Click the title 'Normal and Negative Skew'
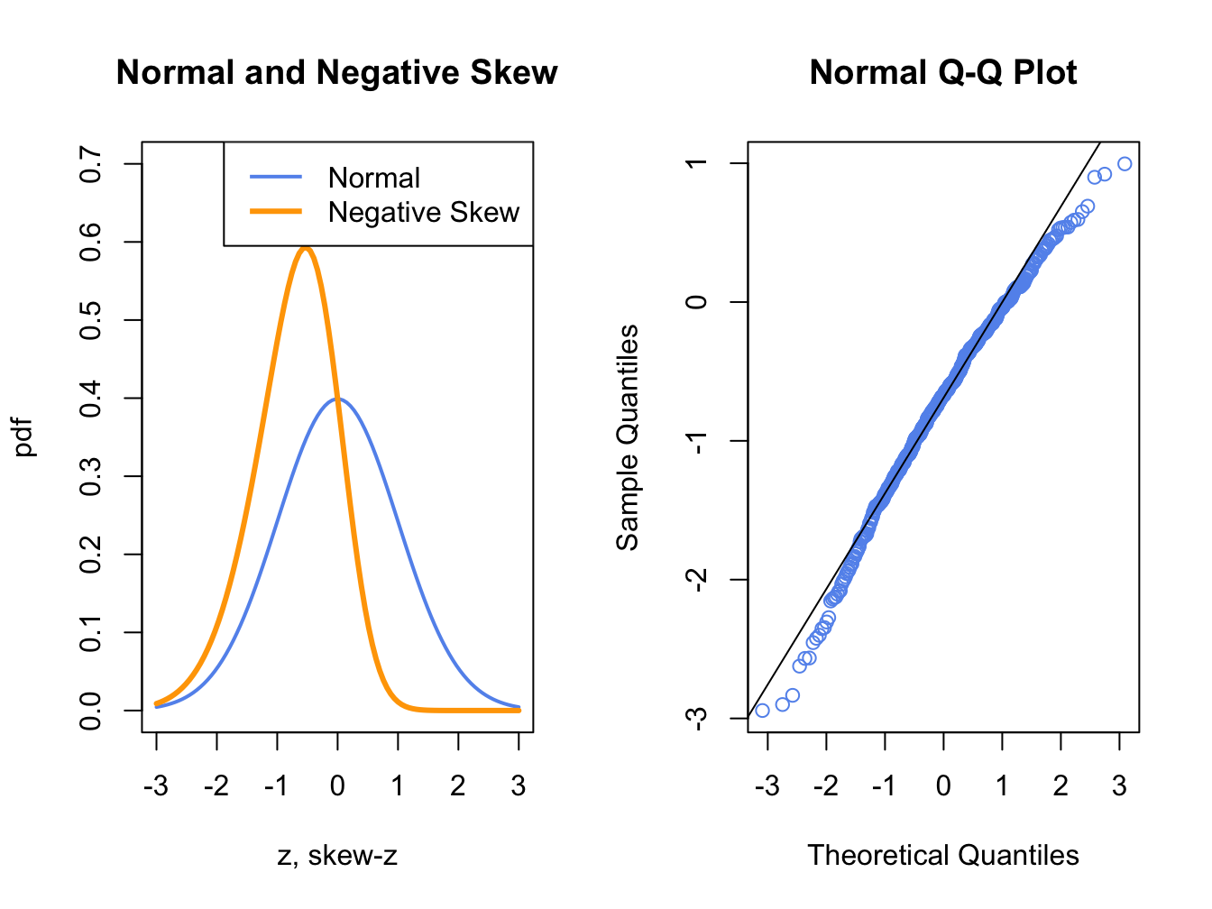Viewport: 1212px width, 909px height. (x=336, y=73)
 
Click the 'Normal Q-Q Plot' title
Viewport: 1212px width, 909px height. (x=942, y=73)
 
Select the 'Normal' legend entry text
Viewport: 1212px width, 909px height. (x=373, y=179)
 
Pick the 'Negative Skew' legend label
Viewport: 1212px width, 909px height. (x=424, y=213)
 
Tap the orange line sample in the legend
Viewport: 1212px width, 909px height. (x=276, y=212)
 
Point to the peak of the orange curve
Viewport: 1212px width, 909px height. (x=306, y=248)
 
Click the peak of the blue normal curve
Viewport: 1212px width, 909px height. (x=337, y=398)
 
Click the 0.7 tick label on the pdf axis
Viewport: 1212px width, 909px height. (x=91, y=163)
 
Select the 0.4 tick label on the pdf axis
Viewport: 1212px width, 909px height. (x=91, y=398)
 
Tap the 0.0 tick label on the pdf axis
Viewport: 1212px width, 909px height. (x=91, y=711)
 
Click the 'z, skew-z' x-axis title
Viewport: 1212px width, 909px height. (x=336, y=855)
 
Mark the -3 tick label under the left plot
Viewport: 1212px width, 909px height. (x=156, y=786)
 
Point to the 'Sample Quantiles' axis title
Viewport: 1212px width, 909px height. (x=627, y=436)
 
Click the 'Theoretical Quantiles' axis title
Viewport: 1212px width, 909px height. (x=942, y=855)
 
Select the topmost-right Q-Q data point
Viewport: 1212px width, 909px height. (x=1125, y=164)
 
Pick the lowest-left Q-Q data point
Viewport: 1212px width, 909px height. (x=762, y=711)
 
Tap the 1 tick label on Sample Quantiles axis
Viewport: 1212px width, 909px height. (x=697, y=163)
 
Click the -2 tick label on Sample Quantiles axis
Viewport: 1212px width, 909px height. (x=697, y=579)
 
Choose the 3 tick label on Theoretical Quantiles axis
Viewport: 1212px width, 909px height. (x=1119, y=786)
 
